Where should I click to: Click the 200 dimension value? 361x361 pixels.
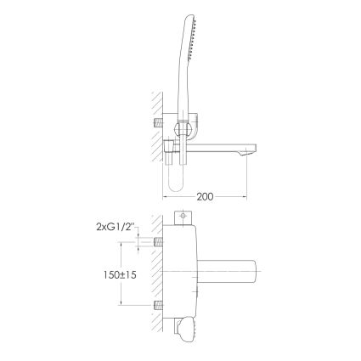205,196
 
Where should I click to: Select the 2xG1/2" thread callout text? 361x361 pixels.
116,227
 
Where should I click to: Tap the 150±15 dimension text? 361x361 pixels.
120,275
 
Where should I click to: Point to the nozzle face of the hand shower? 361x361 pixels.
192,40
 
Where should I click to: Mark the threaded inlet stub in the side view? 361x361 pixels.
158,123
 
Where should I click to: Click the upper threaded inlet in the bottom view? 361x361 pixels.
158,242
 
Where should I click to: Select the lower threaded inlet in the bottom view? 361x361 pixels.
158,305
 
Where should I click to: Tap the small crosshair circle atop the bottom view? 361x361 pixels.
183,216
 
